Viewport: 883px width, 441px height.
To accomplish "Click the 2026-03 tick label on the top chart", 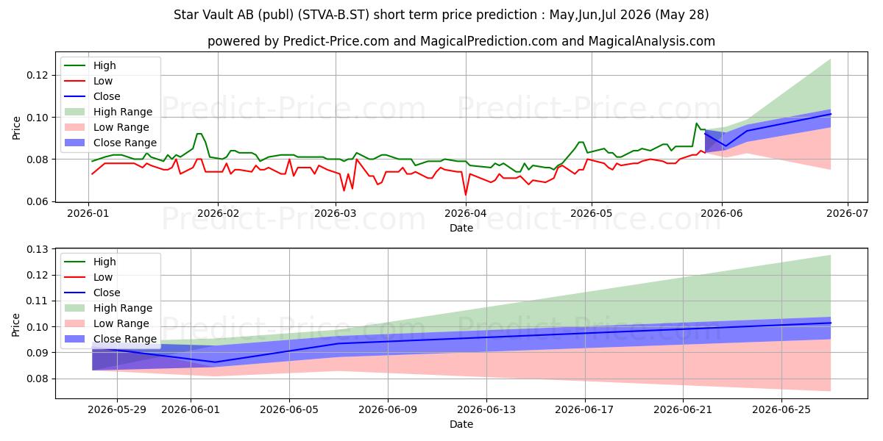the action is point(336,213).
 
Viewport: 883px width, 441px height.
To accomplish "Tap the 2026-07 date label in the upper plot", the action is point(848,213).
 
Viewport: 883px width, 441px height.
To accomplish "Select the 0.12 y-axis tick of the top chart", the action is point(38,75).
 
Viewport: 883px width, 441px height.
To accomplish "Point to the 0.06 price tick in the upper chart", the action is point(38,201).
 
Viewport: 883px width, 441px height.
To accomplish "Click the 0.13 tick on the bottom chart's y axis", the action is point(38,249).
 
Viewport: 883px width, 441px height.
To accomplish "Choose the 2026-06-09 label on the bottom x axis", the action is point(388,410).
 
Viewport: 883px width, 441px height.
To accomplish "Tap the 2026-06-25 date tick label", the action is point(781,410).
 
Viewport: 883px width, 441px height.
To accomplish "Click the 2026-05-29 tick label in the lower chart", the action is point(117,410).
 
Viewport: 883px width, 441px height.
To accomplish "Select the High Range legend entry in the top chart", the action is point(108,112).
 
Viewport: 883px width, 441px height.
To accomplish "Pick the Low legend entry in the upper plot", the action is point(88,81).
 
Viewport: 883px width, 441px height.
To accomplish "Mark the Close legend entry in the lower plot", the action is point(92,293).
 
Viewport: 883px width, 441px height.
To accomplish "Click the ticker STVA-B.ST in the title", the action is point(333,15).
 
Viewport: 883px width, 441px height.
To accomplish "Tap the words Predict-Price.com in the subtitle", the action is point(336,41).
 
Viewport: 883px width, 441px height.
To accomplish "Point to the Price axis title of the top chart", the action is point(16,128).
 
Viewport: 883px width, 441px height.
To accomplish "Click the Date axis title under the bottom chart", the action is point(461,425).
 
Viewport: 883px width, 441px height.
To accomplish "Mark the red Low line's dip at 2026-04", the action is point(466,195).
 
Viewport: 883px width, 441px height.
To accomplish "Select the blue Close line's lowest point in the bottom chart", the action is point(215,362).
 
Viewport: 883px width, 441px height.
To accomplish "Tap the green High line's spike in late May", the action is point(697,123).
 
